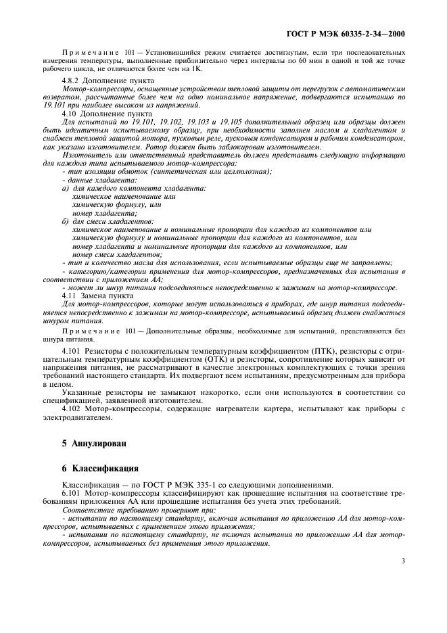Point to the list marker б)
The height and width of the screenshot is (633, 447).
point(66,220)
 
